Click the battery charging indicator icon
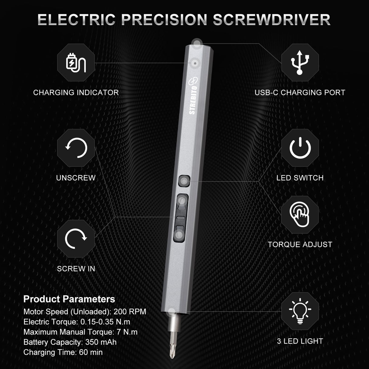[76, 62]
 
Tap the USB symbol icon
[300, 62]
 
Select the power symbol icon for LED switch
[300, 148]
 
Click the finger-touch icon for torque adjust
[300, 215]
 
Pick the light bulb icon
[300, 311]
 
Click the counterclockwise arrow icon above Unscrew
[76, 148]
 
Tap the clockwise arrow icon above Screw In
[76, 239]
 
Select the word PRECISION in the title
[164, 20]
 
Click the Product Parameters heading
[69, 299]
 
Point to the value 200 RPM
[130, 312]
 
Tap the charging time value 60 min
[91, 352]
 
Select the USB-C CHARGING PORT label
[300, 92]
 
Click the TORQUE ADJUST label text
[300, 244]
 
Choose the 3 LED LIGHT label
[300, 341]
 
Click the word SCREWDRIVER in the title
[271, 20]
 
